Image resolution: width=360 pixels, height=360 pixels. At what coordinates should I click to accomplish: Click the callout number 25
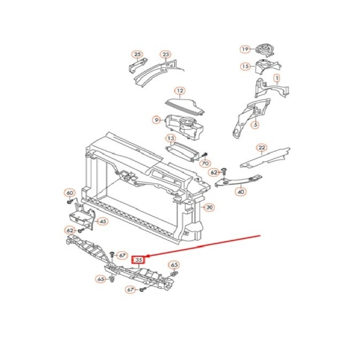tap(137, 54)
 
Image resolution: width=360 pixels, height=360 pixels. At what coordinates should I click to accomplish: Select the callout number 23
tap(166, 54)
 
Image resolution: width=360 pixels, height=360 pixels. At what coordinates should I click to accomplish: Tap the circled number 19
tap(245, 49)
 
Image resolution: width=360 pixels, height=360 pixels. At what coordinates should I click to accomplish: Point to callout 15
tap(246, 66)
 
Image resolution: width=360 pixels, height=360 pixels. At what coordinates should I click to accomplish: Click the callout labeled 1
tap(277, 78)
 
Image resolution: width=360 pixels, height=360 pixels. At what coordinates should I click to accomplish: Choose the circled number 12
tap(180, 91)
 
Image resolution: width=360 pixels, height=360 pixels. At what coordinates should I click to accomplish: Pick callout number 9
tap(156, 120)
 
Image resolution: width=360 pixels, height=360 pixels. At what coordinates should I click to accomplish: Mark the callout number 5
tap(256, 125)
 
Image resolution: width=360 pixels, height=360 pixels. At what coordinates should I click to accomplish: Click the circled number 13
tap(171, 138)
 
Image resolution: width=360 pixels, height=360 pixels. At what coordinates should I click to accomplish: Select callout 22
tap(262, 148)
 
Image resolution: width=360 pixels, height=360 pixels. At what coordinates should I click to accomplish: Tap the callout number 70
tap(205, 164)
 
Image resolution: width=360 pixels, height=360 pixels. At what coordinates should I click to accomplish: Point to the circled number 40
tap(241, 191)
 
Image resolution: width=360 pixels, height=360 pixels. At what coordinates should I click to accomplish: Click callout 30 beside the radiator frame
tap(209, 208)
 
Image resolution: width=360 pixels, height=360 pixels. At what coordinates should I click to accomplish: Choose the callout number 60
tap(70, 193)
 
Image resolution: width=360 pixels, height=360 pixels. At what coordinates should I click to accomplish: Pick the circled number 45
tap(103, 222)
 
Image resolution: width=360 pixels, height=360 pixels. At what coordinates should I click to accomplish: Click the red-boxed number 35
tap(139, 260)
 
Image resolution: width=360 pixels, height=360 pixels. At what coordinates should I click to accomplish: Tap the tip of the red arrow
tap(146, 256)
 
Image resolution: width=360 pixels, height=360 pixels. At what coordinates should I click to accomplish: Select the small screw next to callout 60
tap(70, 202)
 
